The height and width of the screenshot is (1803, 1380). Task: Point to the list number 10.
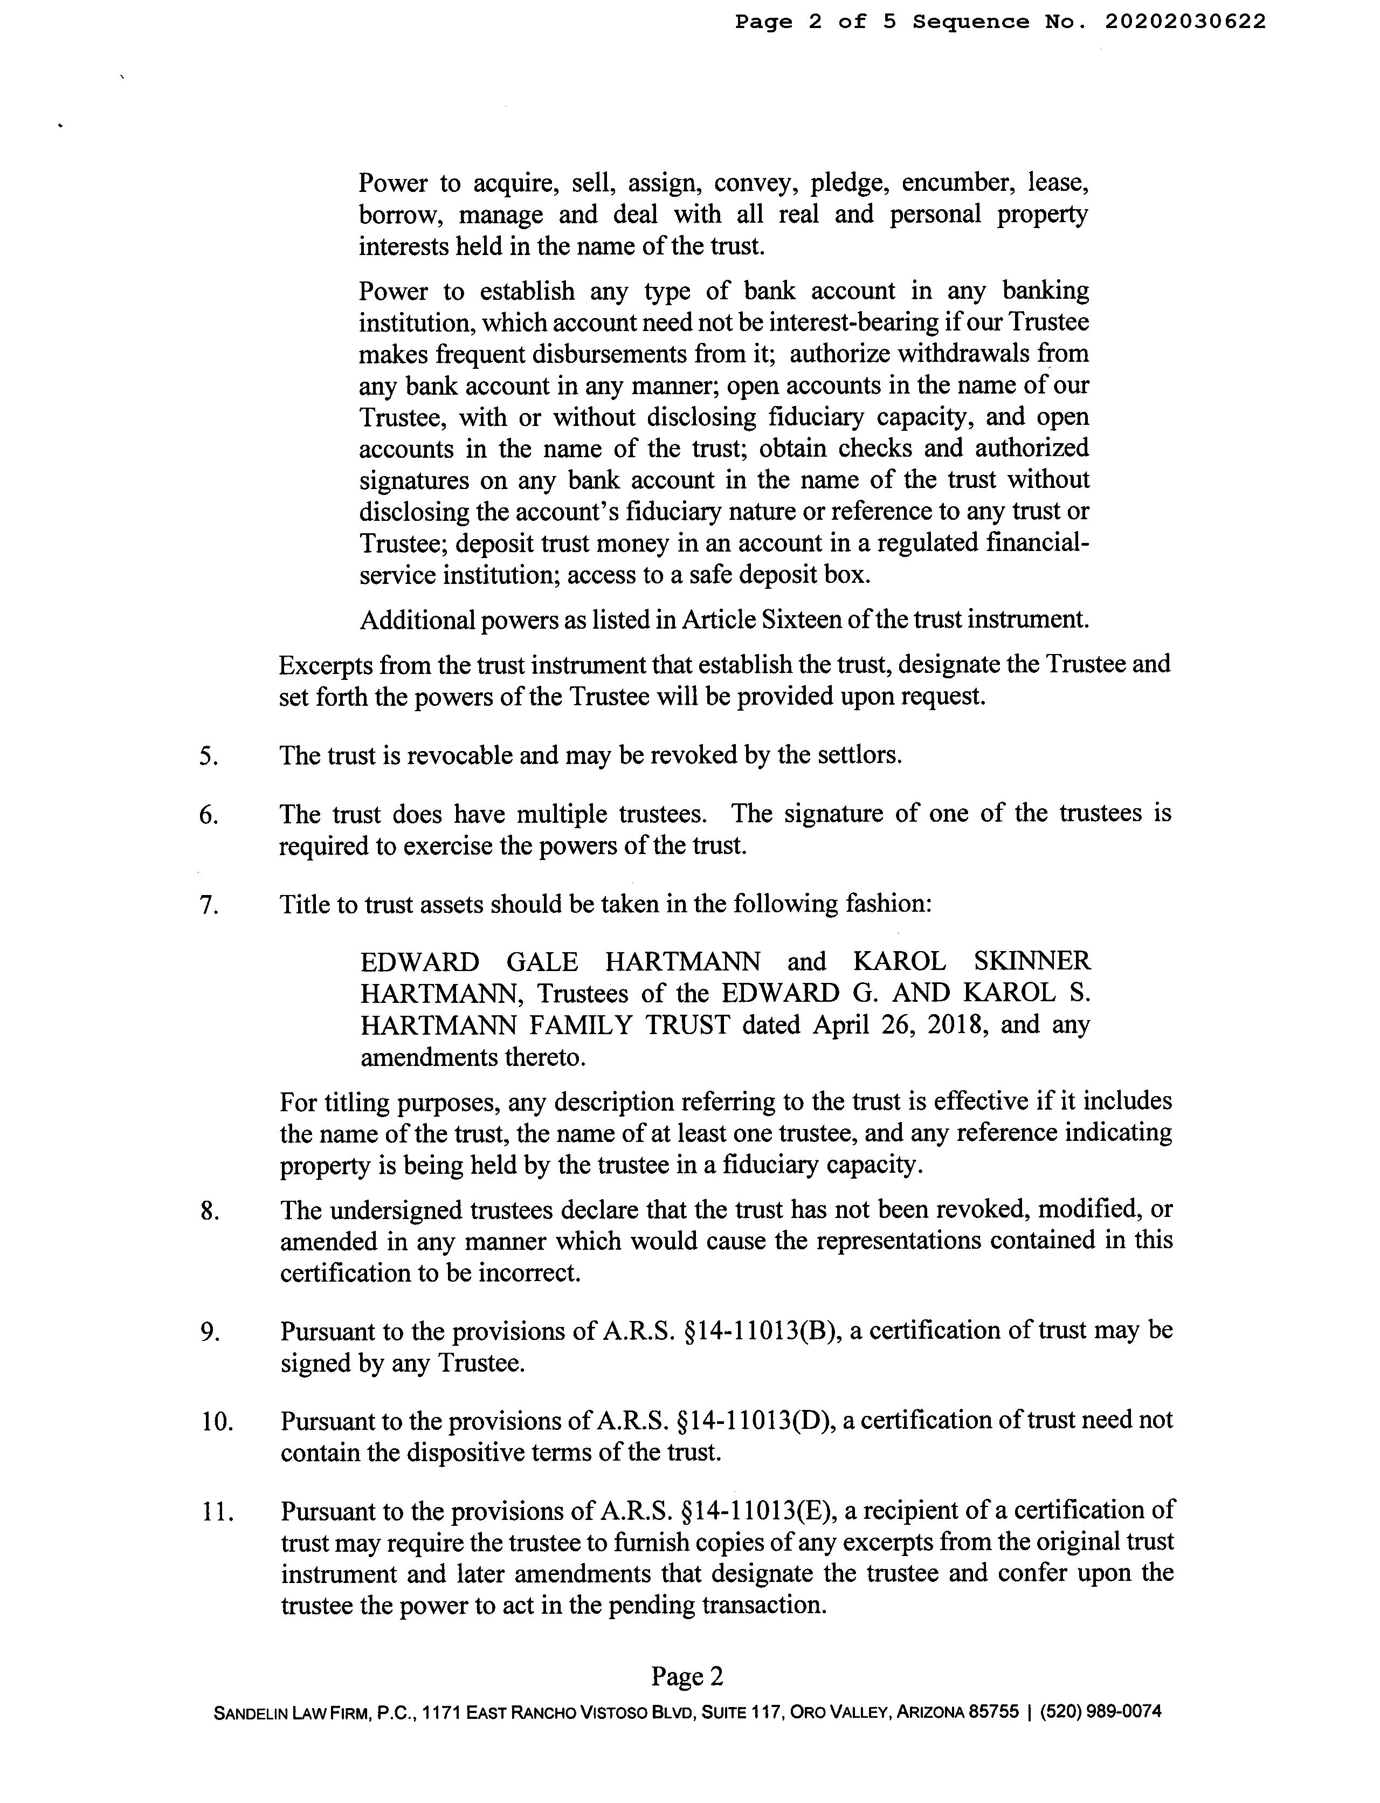click(x=217, y=1422)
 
